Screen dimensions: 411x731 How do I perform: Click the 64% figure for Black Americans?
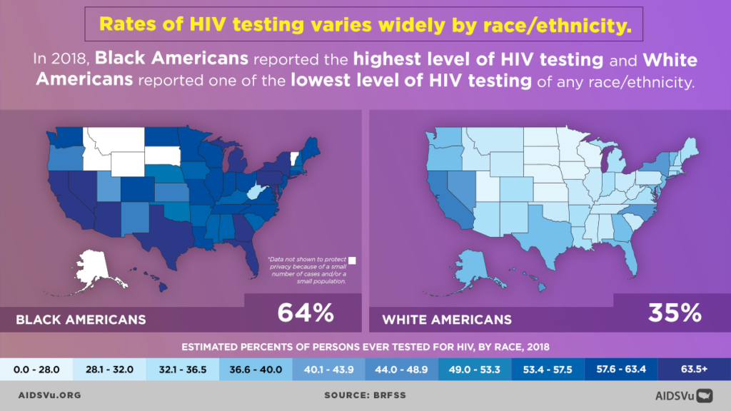[x=305, y=313]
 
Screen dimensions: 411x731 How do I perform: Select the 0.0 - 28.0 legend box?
[x=36, y=369]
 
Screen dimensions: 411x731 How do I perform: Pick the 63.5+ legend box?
[x=694, y=369]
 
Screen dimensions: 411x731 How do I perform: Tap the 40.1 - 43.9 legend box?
[x=328, y=369]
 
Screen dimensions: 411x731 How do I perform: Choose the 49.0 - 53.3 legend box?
[x=474, y=369]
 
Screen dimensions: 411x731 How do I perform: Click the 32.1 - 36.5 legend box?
[x=182, y=369]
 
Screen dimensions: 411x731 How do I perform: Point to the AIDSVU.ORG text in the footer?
[x=49, y=394]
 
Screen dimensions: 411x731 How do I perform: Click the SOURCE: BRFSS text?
[x=365, y=394]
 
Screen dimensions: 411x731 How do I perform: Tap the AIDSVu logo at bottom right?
[x=685, y=394]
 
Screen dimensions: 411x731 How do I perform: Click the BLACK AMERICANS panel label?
[x=81, y=319]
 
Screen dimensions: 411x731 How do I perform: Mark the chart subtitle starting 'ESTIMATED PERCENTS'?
[x=365, y=347]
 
